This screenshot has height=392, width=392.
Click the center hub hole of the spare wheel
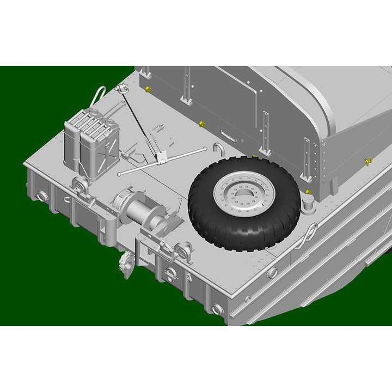243,194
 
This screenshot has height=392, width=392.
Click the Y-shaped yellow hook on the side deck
367,161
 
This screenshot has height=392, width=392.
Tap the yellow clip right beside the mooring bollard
308,193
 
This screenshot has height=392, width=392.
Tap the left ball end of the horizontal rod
119,174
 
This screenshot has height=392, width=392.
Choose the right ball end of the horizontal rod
204,149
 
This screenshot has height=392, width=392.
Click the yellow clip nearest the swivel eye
148,89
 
